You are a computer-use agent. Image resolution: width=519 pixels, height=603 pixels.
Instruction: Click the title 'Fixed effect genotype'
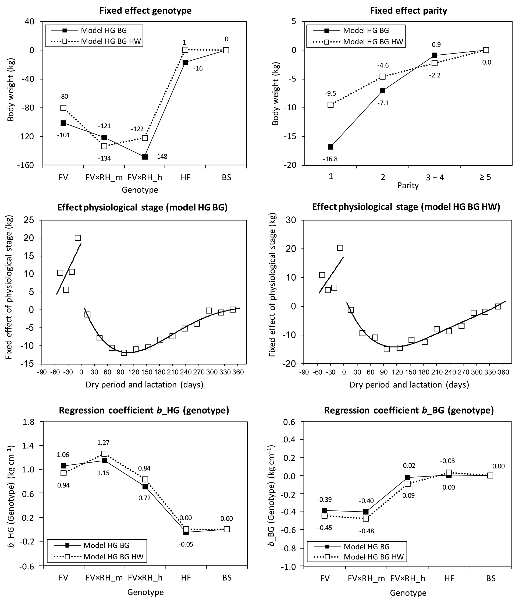[145, 11]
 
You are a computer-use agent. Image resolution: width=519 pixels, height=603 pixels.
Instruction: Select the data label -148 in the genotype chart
[161, 157]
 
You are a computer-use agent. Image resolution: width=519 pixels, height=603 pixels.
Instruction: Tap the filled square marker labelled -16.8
[330, 147]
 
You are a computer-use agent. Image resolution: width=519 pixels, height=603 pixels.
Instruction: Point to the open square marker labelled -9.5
[330, 104]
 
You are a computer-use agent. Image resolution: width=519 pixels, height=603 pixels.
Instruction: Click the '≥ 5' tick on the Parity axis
[485, 177]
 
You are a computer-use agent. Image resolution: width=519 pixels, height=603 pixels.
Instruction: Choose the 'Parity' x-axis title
[408, 185]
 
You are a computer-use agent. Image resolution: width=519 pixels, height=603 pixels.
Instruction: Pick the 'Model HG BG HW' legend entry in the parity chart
[373, 42]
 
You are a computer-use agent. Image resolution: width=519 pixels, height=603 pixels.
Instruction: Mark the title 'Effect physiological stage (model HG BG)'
[142, 207]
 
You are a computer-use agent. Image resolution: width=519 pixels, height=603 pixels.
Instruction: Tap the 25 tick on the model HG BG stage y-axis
[29, 220]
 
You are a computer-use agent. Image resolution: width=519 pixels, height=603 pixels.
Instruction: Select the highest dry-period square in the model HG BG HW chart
[340, 248]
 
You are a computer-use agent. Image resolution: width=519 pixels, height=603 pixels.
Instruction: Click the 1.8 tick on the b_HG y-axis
[29, 422]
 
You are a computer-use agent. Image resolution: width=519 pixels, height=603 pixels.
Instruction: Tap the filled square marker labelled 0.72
[145, 486]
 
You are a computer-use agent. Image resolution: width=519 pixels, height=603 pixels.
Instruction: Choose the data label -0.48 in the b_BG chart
[367, 531]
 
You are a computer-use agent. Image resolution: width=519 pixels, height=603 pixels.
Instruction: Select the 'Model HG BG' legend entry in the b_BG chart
[367, 546]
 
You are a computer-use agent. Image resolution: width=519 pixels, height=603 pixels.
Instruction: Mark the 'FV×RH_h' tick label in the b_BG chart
[408, 578]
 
